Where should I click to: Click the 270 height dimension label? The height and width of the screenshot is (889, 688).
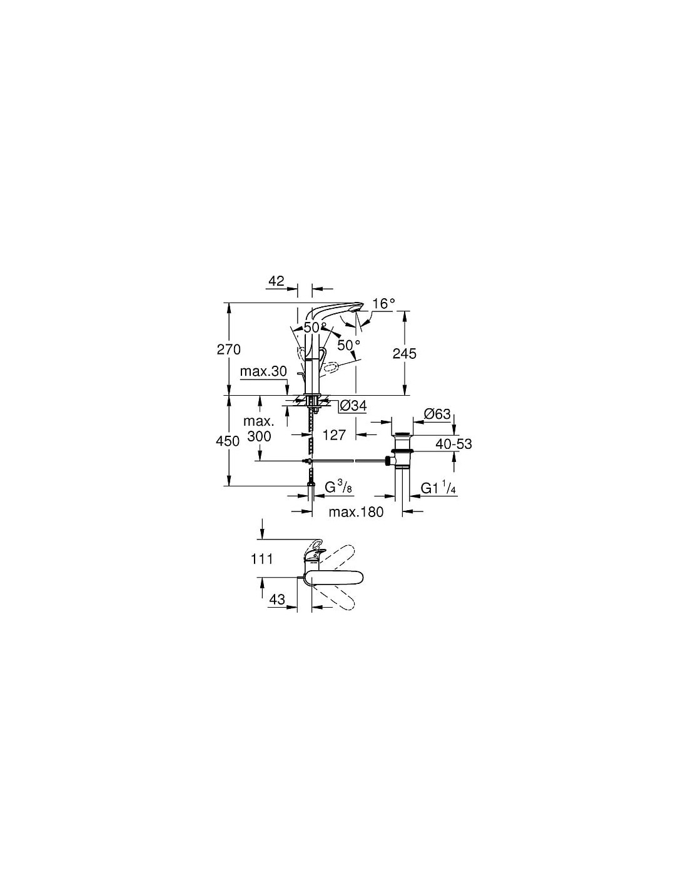228,349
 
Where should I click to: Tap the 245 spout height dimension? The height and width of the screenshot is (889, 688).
405,353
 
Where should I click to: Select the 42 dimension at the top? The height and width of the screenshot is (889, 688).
276,281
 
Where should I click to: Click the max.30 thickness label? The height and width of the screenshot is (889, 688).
263,371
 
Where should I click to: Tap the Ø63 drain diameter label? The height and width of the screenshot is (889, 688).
437,414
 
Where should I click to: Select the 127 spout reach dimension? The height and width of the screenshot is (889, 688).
334,435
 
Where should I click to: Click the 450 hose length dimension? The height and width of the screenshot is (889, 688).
228,441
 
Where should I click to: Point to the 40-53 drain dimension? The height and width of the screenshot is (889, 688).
453,444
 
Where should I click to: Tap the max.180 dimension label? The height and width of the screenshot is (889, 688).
356,512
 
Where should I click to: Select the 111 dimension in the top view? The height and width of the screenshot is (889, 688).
261,558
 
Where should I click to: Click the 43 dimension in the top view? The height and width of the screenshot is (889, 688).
276,600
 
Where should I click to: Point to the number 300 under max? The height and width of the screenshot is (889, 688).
259,436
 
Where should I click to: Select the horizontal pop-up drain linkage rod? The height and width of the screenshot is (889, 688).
348,461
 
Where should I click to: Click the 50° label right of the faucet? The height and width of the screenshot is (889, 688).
348,345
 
